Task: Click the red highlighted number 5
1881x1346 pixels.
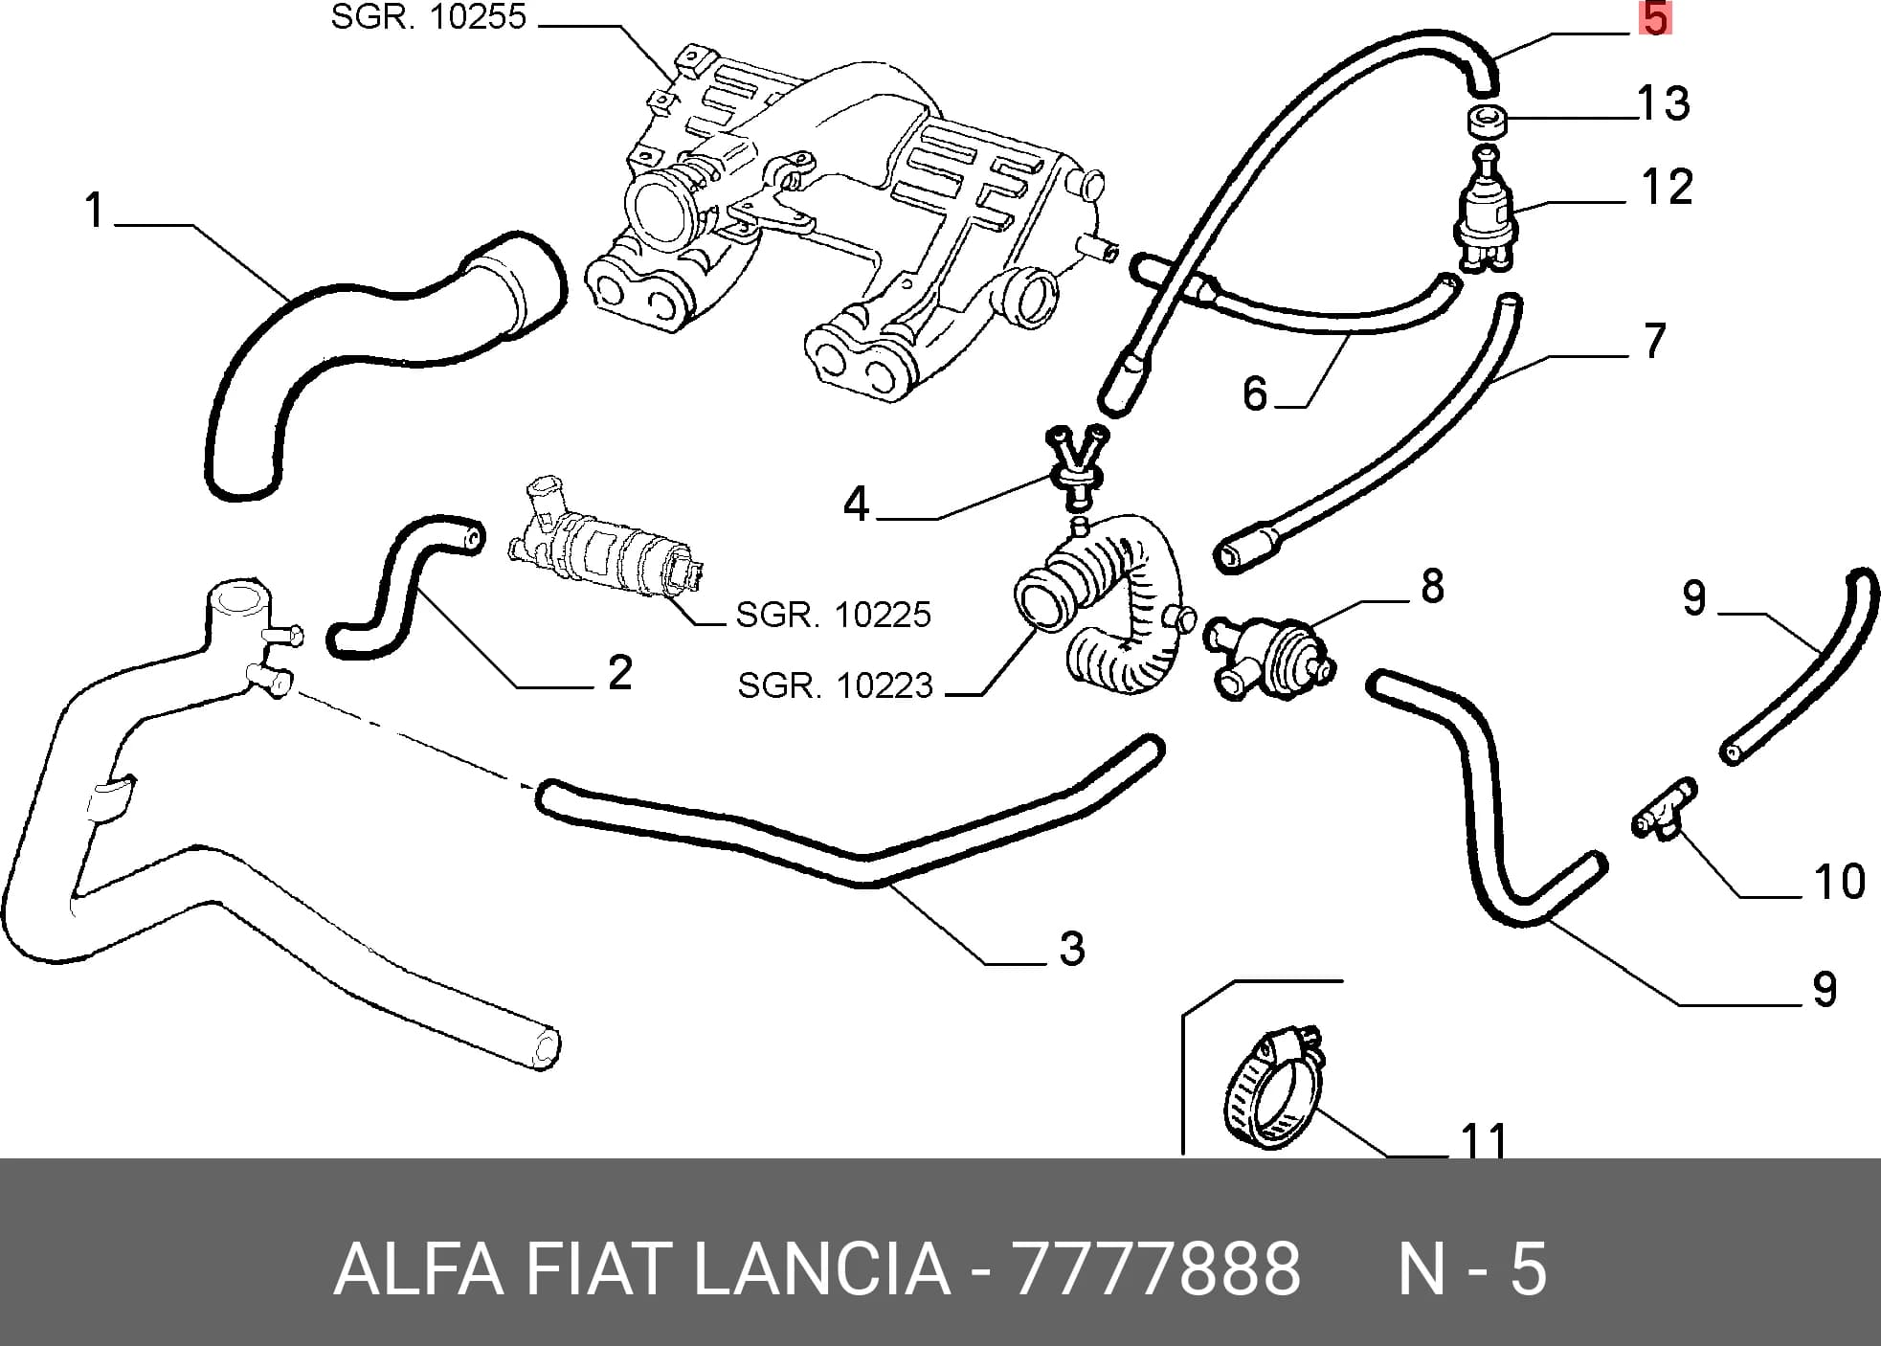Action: point(1656,18)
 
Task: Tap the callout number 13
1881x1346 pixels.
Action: point(1665,103)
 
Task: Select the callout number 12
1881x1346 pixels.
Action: point(1667,187)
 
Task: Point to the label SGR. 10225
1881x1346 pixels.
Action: point(833,615)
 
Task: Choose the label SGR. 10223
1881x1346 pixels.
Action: point(835,685)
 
